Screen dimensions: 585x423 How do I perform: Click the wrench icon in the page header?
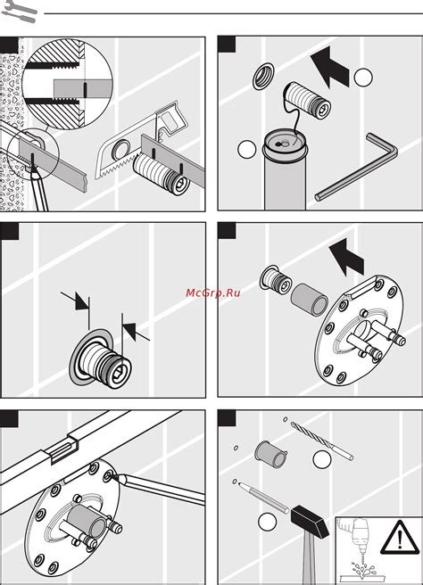[19, 10]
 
